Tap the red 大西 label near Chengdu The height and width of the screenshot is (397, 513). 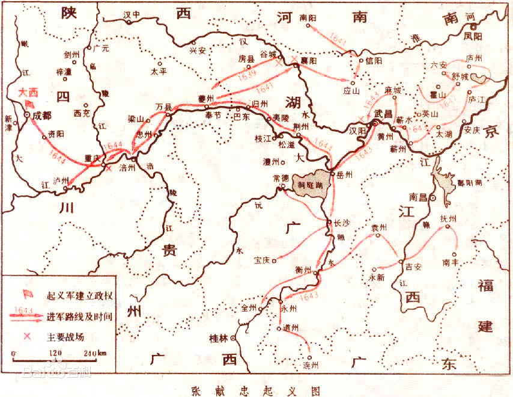click(28, 93)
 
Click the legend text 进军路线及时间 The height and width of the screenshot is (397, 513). click(79, 315)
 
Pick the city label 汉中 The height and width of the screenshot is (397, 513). click(132, 14)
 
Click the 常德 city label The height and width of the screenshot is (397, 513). click(281, 178)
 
